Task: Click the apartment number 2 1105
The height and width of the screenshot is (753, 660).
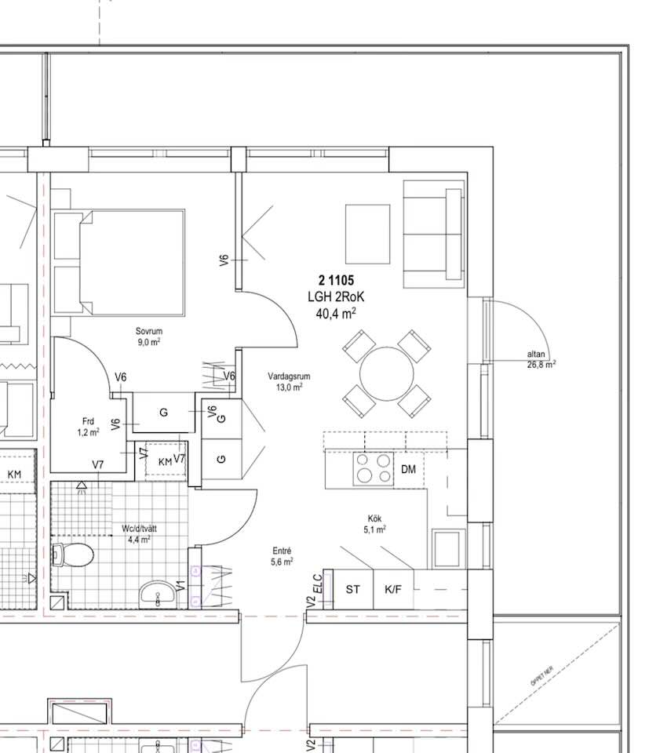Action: pyautogui.click(x=336, y=280)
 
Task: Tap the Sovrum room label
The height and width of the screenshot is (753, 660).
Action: pyautogui.click(x=149, y=331)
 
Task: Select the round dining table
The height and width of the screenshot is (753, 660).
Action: pyautogui.click(x=387, y=373)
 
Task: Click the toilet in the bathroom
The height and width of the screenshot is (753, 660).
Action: pyautogui.click(x=72, y=555)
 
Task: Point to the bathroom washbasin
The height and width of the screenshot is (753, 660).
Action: pyautogui.click(x=158, y=595)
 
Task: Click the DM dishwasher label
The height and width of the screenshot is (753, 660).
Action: pyautogui.click(x=408, y=469)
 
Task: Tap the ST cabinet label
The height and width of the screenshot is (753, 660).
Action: pyautogui.click(x=352, y=589)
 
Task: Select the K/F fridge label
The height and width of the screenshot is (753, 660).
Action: pyautogui.click(x=393, y=589)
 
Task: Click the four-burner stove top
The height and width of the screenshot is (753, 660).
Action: pyautogui.click(x=374, y=468)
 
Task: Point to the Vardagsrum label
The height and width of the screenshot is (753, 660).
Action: pyautogui.click(x=289, y=376)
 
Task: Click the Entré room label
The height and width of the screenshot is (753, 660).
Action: pyautogui.click(x=282, y=551)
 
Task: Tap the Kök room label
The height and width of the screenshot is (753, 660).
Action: pyautogui.click(x=374, y=518)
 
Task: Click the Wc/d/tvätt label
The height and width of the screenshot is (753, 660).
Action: pyautogui.click(x=140, y=529)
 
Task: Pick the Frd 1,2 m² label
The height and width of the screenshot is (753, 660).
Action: pyautogui.click(x=89, y=427)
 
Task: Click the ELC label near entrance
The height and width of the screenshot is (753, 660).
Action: pyautogui.click(x=318, y=584)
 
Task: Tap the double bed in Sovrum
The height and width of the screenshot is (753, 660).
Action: pyautogui.click(x=119, y=263)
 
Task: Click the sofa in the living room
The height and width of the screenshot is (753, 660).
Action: pyautogui.click(x=434, y=235)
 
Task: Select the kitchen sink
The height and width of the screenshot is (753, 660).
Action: pyautogui.click(x=449, y=548)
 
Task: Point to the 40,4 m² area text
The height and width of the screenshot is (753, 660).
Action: pyautogui.click(x=336, y=313)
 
